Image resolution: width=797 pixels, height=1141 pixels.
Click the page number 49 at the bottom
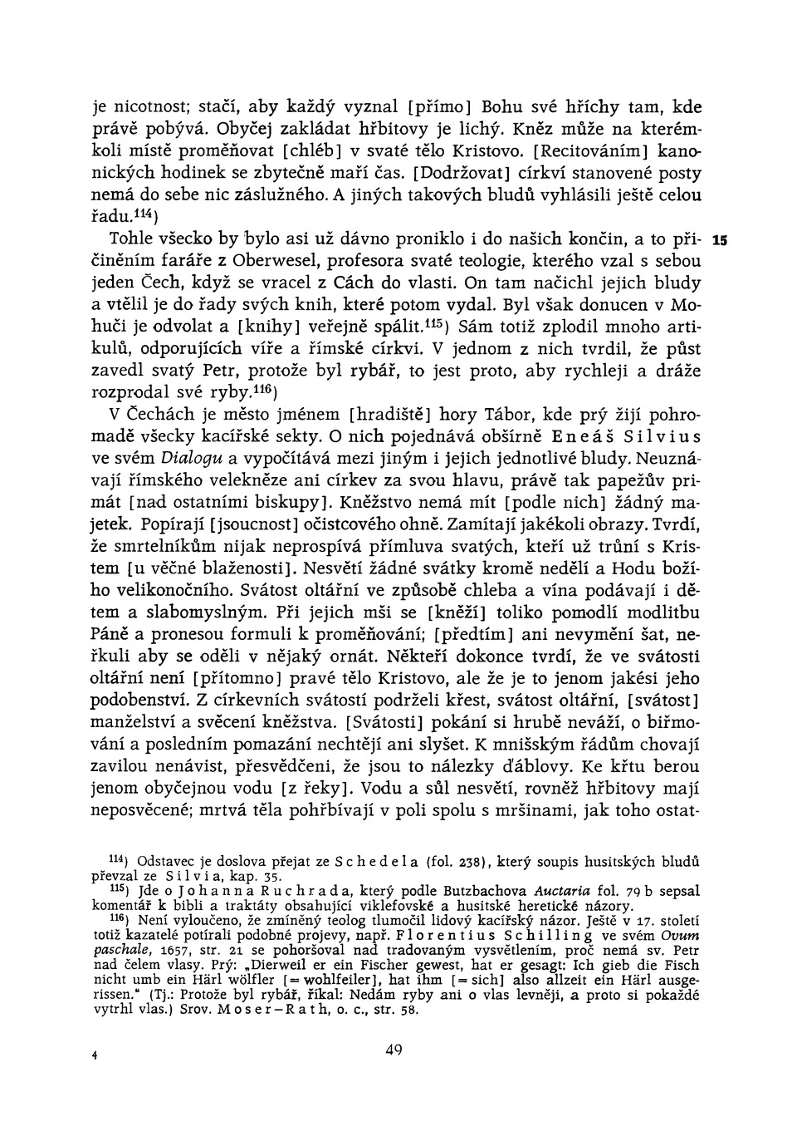394,1050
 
